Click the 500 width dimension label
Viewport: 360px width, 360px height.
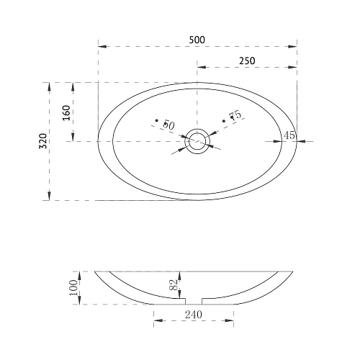click(197, 40)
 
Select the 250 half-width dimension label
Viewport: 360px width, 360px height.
click(247, 61)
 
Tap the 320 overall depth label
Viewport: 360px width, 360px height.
click(43, 141)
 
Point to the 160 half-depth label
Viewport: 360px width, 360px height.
click(66, 113)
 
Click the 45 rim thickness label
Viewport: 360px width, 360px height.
click(289, 135)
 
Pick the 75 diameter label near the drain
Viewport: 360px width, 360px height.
click(235, 115)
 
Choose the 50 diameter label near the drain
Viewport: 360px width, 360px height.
click(169, 125)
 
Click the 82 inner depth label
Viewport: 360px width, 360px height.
click(174, 284)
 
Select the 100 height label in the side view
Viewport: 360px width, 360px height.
click(73, 287)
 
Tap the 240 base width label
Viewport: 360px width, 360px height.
click(194, 315)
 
